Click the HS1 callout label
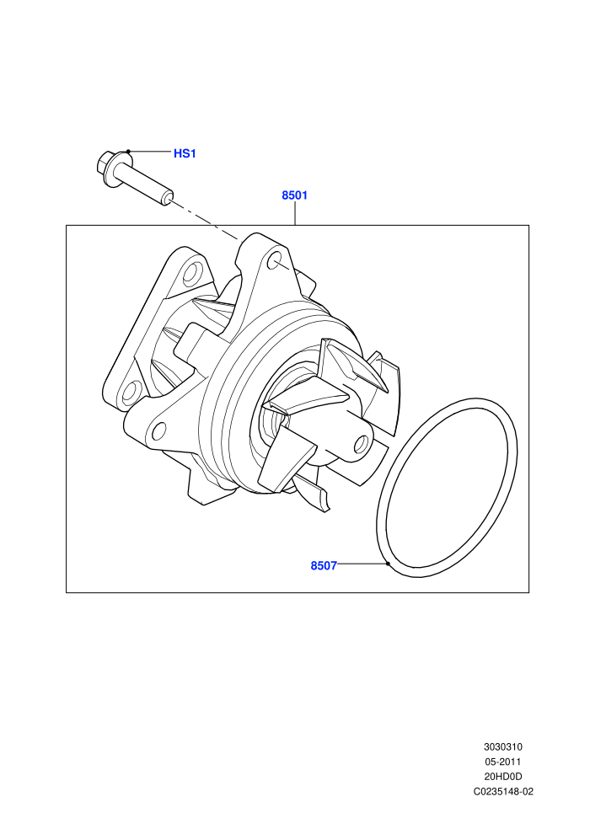[x=185, y=153]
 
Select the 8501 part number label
[x=295, y=195]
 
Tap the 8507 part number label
[x=324, y=566]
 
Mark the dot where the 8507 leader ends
[x=389, y=564]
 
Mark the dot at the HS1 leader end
[x=128, y=152]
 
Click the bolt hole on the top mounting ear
[x=275, y=261]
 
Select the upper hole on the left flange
[x=191, y=273]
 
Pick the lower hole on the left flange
[x=130, y=392]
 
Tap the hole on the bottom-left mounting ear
[x=158, y=430]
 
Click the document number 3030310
[x=502, y=746]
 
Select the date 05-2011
[x=502, y=762]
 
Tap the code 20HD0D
[x=502, y=777]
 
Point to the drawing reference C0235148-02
[x=503, y=791]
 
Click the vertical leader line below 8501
[x=295, y=214]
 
